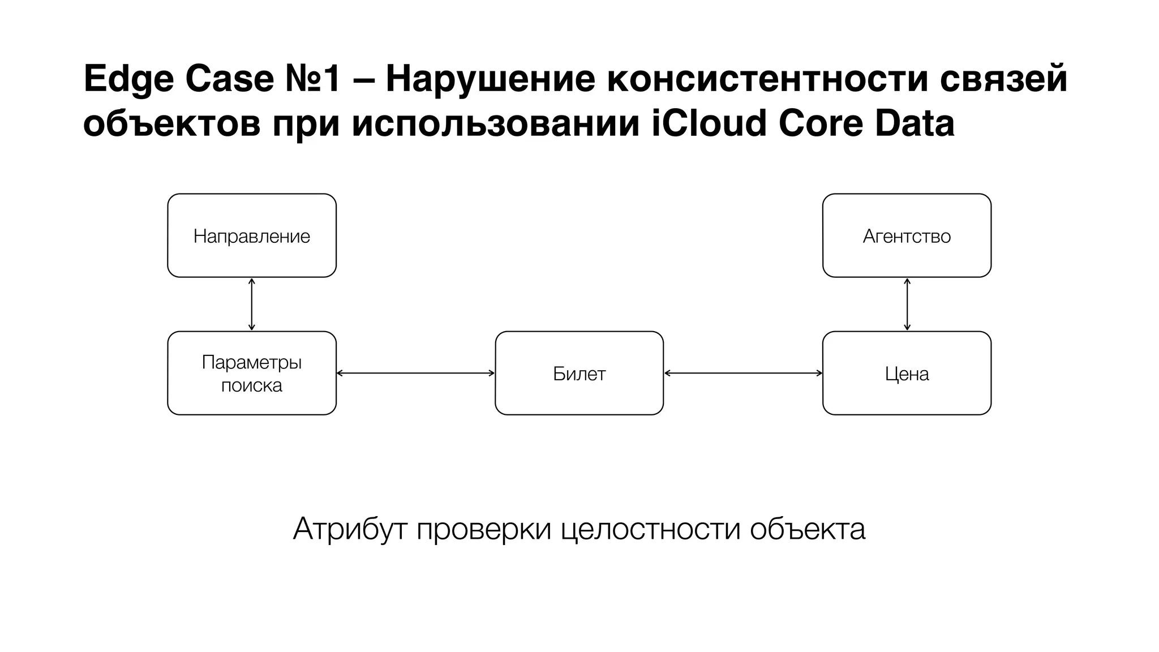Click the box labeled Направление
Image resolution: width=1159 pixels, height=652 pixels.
(x=252, y=235)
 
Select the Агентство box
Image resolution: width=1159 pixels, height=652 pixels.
(x=907, y=235)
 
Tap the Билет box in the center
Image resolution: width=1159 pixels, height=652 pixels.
(x=579, y=373)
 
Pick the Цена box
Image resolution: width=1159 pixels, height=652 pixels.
(x=907, y=373)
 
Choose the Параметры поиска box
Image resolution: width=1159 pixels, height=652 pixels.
(x=252, y=373)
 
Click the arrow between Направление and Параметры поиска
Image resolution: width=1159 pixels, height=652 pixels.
(x=252, y=304)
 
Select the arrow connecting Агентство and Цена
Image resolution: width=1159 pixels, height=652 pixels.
(x=907, y=304)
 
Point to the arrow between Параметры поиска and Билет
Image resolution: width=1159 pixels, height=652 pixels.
(x=415, y=373)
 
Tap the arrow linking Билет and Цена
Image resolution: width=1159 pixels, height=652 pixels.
(x=743, y=373)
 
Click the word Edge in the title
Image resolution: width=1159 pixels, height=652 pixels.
(x=128, y=79)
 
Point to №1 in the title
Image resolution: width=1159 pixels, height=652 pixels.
(x=312, y=79)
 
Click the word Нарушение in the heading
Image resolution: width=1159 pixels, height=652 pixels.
(x=490, y=79)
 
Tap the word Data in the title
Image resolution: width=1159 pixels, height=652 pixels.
(x=915, y=123)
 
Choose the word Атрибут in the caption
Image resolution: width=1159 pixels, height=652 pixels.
(x=350, y=530)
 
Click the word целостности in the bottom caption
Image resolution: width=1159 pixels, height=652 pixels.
(x=651, y=530)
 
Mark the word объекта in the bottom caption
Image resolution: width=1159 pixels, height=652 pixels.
(x=808, y=530)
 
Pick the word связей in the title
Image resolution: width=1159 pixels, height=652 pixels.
(x=1003, y=79)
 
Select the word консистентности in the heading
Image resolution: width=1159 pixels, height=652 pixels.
(x=767, y=79)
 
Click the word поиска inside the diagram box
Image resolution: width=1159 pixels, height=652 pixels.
(x=252, y=385)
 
